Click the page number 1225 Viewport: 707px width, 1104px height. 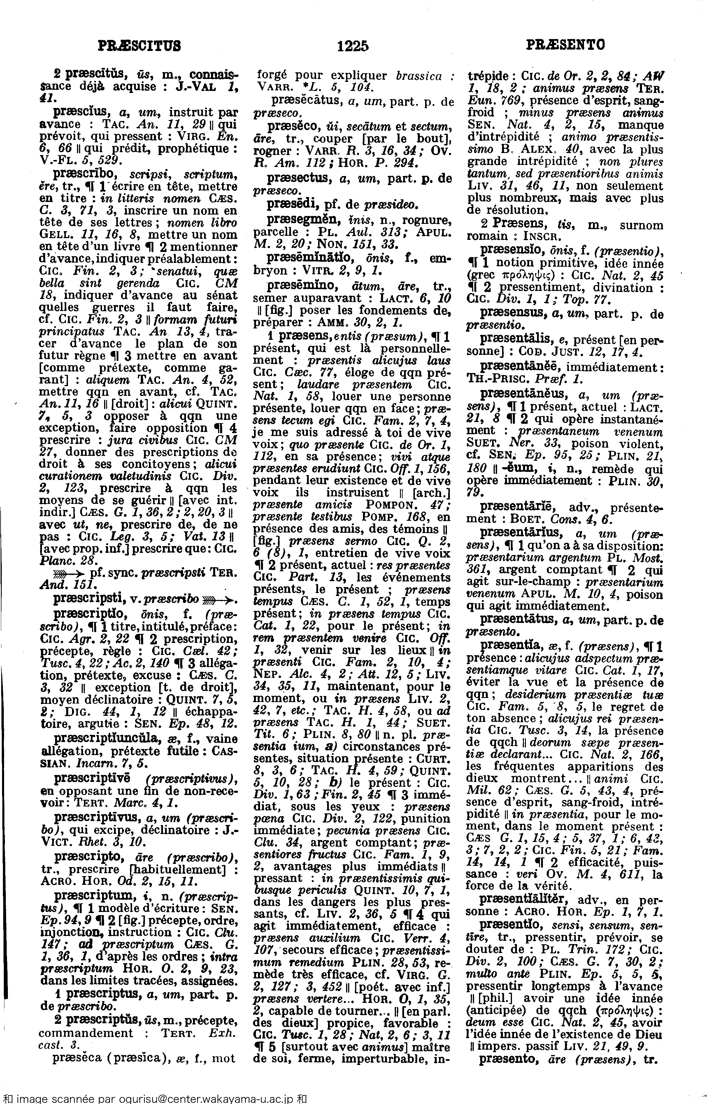(352, 45)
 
